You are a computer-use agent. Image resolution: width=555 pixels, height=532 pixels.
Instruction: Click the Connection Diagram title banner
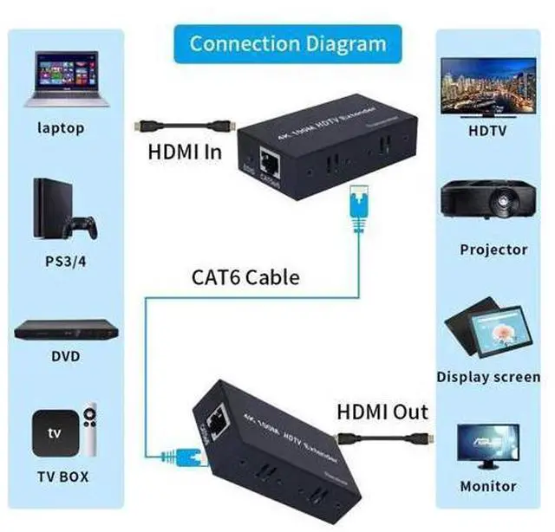point(287,43)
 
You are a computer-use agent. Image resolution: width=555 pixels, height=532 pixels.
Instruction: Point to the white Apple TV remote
point(89,427)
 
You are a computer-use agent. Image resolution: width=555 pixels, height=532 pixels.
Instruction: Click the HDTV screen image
point(487,86)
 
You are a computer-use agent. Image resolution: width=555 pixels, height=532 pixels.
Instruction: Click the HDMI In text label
point(184,152)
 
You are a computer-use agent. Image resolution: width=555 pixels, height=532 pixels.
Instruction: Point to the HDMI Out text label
point(382,411)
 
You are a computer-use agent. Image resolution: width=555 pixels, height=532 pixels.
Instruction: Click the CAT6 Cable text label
point(245,277)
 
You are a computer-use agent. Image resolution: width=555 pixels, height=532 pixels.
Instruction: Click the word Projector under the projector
point(493,250)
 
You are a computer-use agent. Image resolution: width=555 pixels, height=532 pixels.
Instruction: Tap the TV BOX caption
point(62,477)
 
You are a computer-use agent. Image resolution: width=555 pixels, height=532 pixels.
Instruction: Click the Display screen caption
point(488,377)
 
